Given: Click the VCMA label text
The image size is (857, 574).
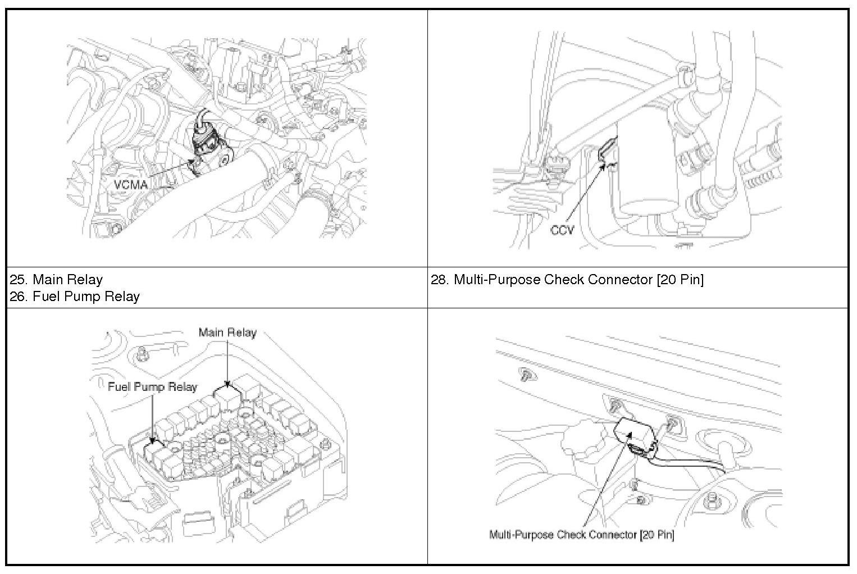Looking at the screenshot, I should coord(131,185).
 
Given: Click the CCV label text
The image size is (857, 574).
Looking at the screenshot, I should coord(562,230).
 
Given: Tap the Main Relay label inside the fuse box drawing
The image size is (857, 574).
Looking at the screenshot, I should coord(227,332).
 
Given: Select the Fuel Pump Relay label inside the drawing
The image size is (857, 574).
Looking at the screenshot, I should coord(152,387).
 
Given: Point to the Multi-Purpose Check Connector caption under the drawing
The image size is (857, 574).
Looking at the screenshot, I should coord(581,534).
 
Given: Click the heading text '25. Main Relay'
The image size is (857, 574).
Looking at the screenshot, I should coord(56,280).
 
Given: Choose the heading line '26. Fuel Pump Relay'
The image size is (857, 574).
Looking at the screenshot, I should coord(75,297).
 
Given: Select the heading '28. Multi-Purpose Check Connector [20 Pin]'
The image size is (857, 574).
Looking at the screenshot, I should coord(567,280).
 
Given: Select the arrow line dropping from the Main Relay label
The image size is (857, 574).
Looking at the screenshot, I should coord(227,359).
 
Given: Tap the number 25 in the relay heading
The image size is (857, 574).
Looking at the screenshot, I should coord(17,280).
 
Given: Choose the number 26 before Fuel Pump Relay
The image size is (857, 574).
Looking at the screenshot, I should coord(17,297).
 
